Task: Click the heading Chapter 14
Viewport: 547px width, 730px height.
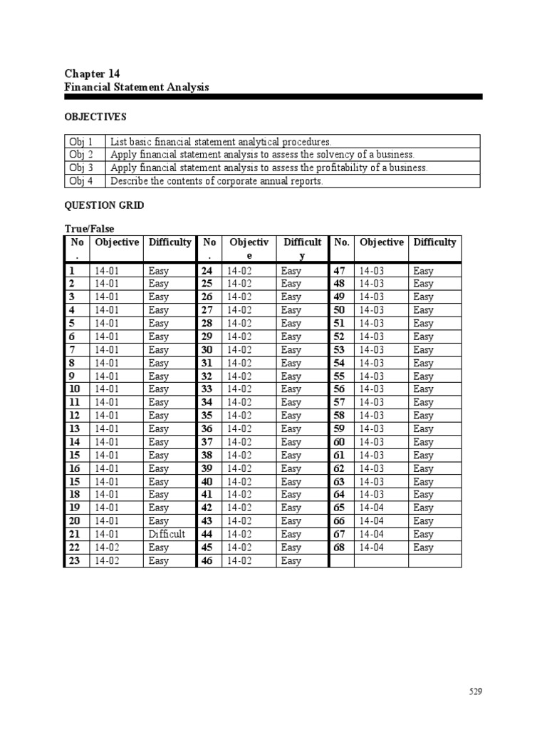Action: point(92,73)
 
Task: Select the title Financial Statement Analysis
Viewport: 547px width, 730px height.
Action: point(137,87)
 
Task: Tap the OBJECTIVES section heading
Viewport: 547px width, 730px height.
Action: point(95,116)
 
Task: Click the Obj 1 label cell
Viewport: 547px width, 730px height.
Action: point(81,142)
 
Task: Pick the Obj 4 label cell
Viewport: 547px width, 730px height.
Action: point(81,181)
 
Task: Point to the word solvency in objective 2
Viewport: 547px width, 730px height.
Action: point(318,155)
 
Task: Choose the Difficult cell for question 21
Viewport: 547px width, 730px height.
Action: point(167,534)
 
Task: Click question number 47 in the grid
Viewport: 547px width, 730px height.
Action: point(339,271)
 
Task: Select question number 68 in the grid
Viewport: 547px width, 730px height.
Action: point(339,547)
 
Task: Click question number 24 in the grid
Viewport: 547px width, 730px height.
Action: point(207,271)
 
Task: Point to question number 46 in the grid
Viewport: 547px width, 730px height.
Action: point(207,561)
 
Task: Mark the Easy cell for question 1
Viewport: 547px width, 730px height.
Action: point(159,271)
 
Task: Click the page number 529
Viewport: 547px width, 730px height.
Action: point(476,692)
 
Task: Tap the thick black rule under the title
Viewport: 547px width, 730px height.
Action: point(273,96)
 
